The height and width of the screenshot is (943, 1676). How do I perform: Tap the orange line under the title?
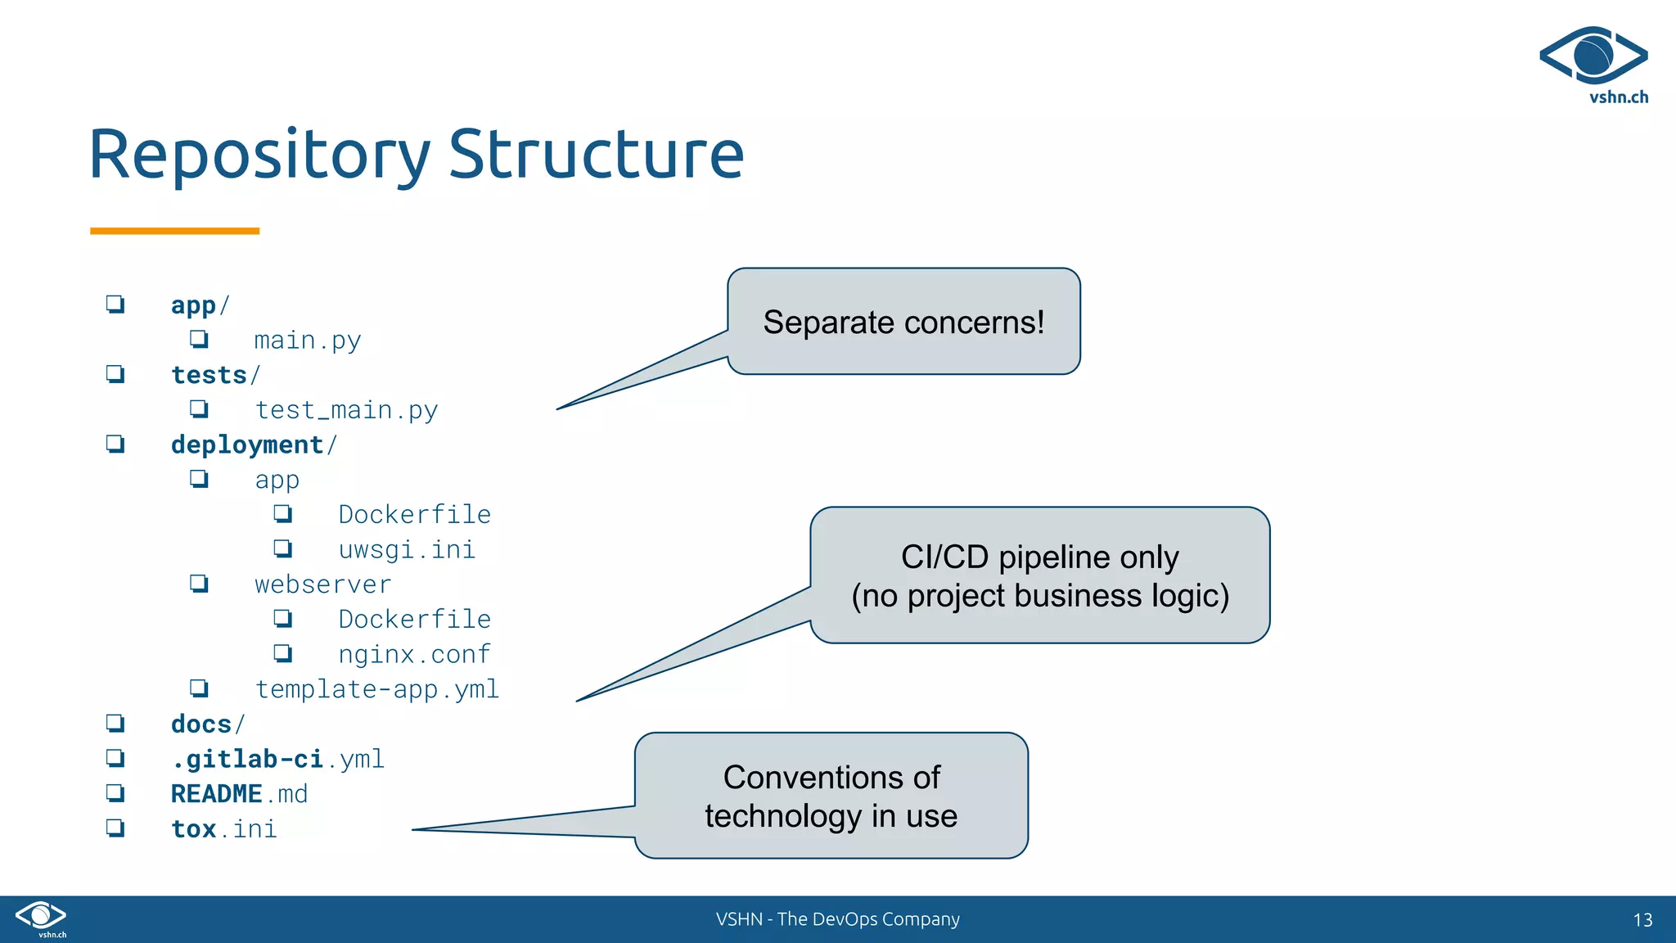click(174, 231)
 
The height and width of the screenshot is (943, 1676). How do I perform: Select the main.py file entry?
click(307, 340)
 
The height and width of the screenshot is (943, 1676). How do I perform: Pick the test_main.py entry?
click(346, 409)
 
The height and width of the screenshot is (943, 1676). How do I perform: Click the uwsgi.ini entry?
click(407, 549)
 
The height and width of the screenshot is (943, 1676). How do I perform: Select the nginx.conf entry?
click(414, 654)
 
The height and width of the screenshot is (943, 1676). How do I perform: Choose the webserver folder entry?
click(322, 584)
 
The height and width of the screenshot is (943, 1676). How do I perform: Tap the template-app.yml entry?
click(376, 689)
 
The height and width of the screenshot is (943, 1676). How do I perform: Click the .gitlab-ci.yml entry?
click(277, 760)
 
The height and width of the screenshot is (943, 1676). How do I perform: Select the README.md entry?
click(239, 794)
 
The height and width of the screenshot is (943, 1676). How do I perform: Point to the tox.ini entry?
click(223, 829)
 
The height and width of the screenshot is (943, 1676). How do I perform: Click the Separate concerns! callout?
click(903, 322)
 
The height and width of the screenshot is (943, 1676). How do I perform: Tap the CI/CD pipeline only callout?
click(1039, 575)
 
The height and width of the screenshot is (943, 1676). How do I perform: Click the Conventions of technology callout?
click(831, 796)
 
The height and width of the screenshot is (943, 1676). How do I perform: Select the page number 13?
click(1642, 920)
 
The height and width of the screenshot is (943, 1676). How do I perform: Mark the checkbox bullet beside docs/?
click(115, 724)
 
